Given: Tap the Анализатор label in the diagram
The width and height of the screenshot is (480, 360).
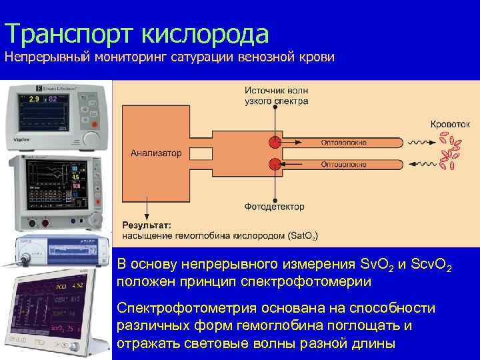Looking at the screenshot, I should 155,153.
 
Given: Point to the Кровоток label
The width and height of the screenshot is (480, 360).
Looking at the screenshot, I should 450,124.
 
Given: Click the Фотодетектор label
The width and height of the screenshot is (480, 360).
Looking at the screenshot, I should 274,207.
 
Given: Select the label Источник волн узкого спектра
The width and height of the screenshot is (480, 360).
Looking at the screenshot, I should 276,96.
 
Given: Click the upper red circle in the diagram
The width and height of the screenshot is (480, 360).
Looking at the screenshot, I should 274,142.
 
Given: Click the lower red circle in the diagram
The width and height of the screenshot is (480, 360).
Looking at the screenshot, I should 274,164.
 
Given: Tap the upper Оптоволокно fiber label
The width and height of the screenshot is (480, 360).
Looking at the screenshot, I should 343,142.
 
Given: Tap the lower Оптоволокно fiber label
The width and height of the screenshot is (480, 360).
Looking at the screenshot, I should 343,164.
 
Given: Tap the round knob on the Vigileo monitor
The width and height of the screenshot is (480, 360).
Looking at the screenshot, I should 90,138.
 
